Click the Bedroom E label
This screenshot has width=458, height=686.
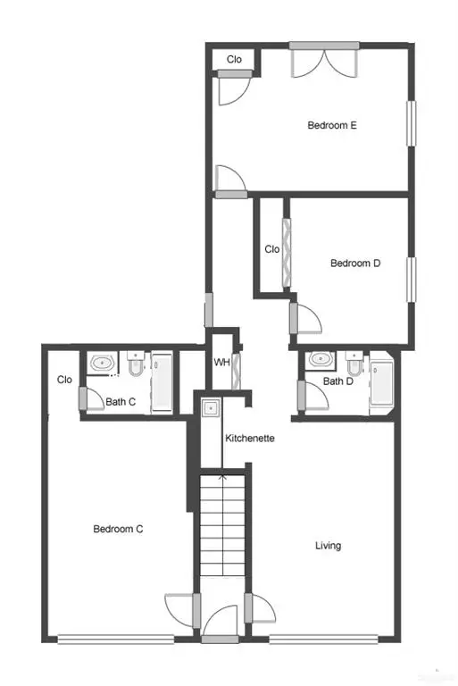332,126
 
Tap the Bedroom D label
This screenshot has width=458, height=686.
355,264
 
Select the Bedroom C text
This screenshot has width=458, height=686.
119,529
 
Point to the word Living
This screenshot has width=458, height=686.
328,545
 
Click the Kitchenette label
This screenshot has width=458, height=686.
249,439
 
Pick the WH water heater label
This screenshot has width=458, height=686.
221,363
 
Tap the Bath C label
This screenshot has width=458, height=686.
121,402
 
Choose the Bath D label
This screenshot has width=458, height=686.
338,381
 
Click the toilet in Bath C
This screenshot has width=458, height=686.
135,364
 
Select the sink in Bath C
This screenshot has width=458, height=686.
103,364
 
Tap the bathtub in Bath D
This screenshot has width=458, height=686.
381,383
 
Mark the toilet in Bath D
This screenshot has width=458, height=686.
354,364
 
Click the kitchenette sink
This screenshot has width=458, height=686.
210,409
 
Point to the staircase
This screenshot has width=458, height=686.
221,527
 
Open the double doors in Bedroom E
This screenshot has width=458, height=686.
325,63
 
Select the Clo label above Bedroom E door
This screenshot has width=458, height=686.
234,59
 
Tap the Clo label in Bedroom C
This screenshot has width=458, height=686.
64,380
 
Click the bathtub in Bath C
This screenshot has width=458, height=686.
162,382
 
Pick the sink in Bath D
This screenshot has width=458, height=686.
320,361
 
